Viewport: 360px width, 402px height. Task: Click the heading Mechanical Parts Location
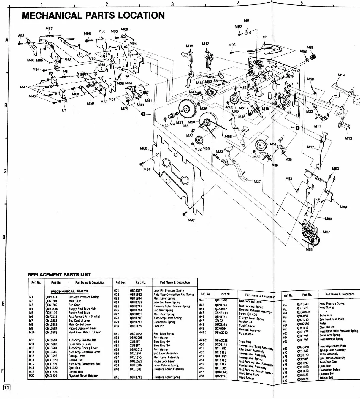93,15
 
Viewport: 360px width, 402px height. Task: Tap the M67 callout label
49,29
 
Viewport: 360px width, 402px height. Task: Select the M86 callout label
144,148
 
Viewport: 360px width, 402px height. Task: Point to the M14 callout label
341,75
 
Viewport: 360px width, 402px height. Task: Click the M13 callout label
348,138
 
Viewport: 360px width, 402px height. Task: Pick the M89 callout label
343,207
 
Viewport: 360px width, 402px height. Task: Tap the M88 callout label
309,250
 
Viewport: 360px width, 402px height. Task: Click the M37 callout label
257,181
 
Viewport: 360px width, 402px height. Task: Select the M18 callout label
189,46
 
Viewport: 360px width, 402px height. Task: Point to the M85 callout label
310,48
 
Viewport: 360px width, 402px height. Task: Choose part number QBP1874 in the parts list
51,297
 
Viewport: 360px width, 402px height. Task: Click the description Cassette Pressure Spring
83,297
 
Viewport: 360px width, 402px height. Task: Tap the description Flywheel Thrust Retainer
83,376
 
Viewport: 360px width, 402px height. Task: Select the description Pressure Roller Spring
167,377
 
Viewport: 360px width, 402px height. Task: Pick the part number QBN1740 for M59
303,304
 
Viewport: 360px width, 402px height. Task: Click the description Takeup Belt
326,378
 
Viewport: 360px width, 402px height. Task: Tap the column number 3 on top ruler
172,4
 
